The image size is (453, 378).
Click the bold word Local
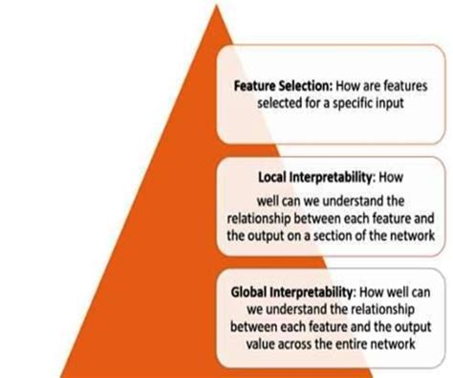coord(274,178)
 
